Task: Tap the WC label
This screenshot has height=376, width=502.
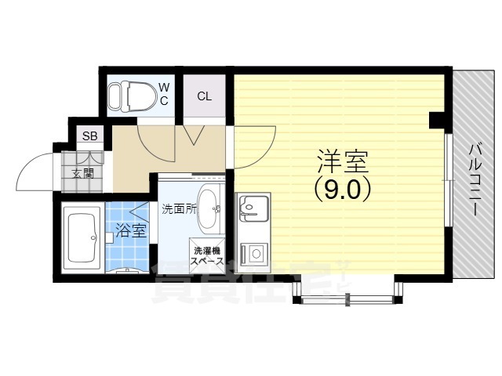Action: click(x=165, y=93)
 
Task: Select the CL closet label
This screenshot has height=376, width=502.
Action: click(x=204, y=96)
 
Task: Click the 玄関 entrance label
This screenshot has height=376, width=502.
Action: click(x=83, y=173)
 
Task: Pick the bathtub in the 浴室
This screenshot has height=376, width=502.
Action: click(x=82, y=238)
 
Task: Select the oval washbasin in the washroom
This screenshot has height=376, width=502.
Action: click(x=209, y=208)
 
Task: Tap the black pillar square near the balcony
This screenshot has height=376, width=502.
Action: click(x=437, y=120)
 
